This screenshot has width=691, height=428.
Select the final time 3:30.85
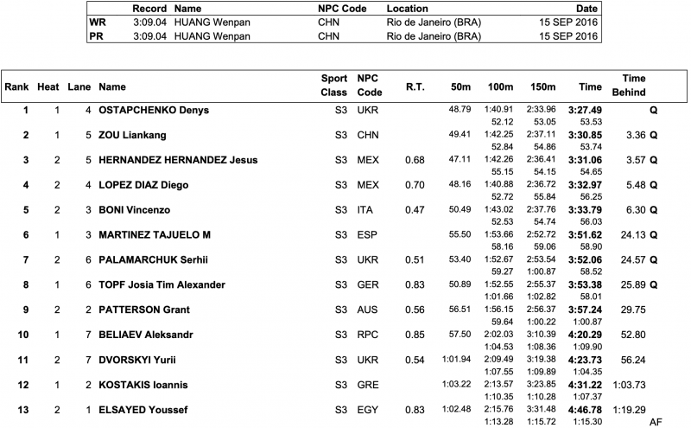pyautogui.click(x=584, y=135)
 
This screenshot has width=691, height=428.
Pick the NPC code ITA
pyautogui.click(x=368, y=210)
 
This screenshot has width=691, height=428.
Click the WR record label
pyautogui.click(x=99, y=22)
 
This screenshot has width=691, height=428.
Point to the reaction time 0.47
pyautogui.click(x=414, y=210)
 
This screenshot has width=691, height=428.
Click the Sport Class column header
pyautogui.click(x=334, y=85)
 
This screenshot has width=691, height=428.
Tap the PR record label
pyautogui.click(x=98, y=35)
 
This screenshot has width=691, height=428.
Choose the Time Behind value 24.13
pyautogui.click(x=630, y=235)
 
